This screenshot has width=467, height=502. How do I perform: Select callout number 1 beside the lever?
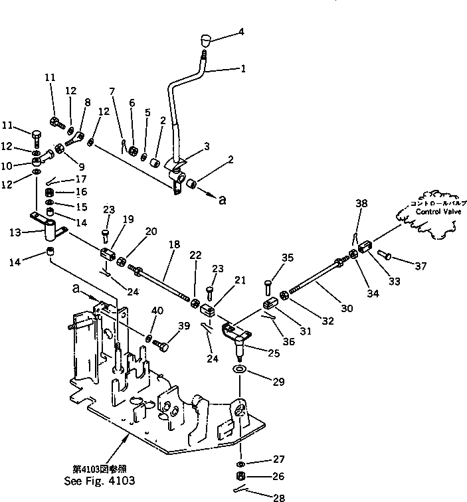point(243,68)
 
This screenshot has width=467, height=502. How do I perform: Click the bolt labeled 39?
point(163,345)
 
